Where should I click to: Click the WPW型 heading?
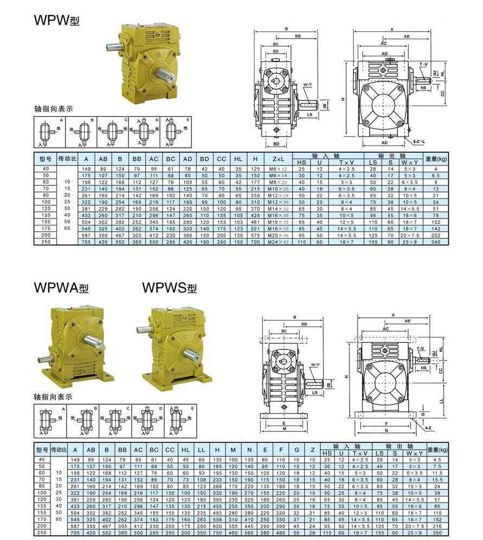57,20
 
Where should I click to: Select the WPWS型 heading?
169,288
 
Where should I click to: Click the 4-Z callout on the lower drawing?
428,420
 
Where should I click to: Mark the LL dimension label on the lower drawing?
441,400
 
